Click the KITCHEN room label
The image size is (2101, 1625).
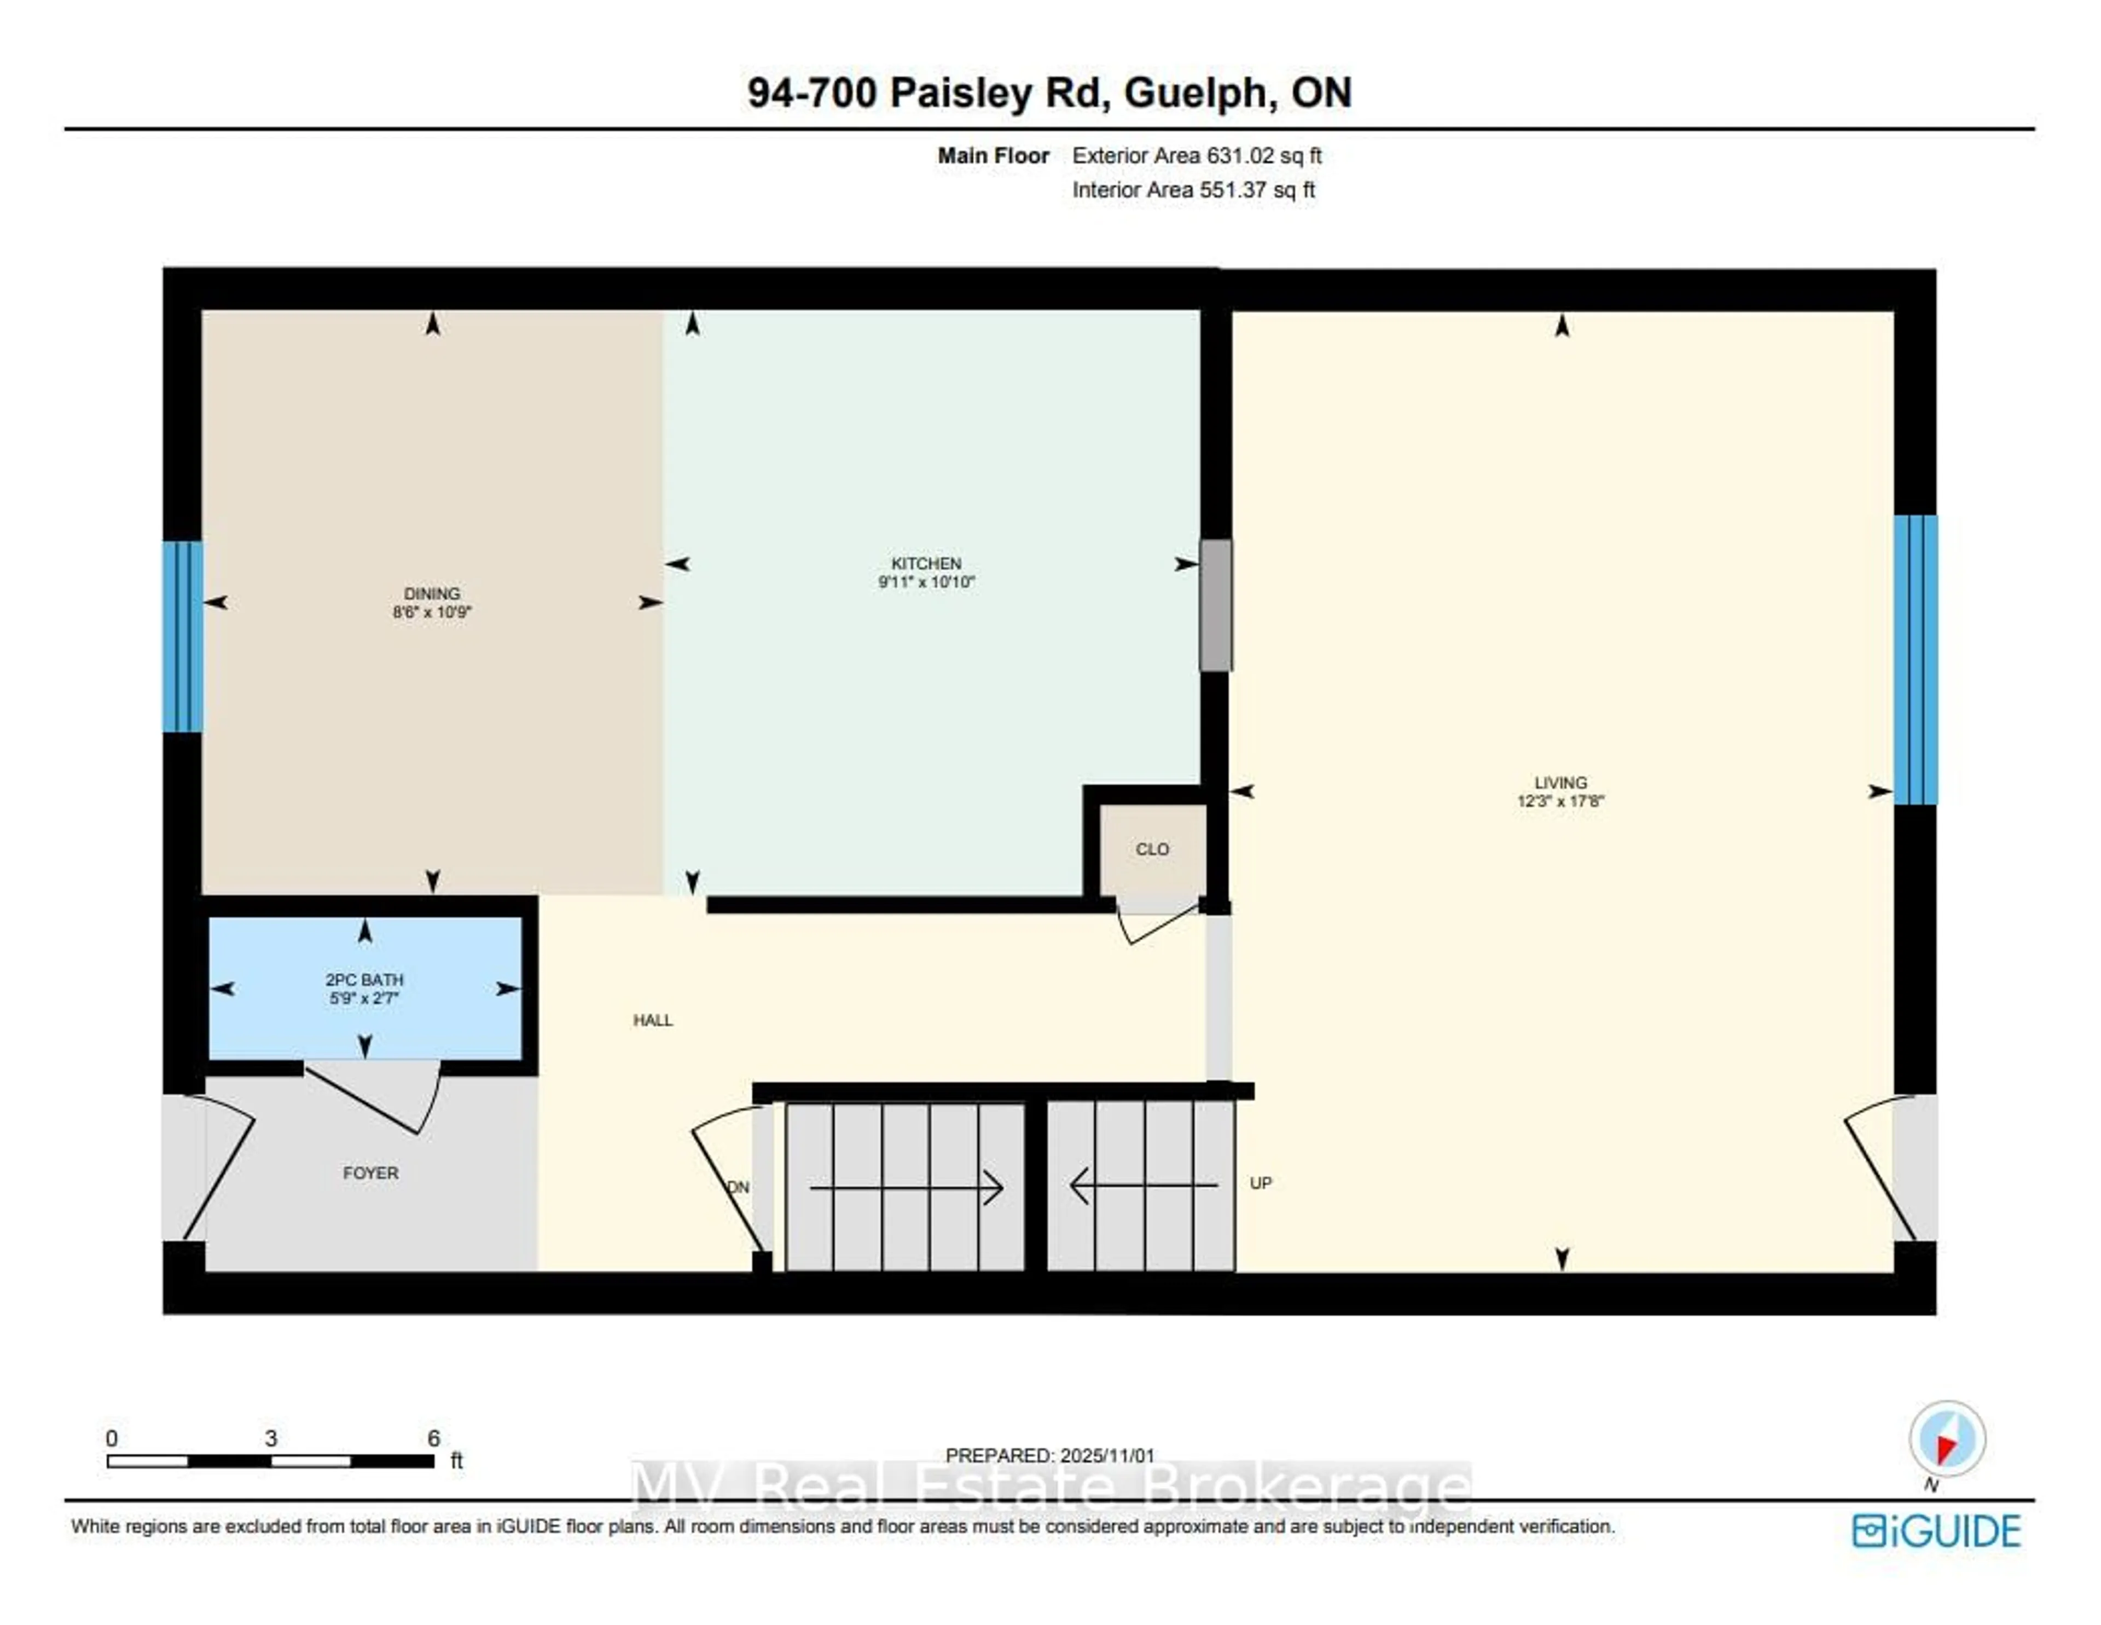click(x=925, y=563)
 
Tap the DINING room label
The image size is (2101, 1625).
click(x=431, y=594)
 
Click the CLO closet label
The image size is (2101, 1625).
click(x=1152, y=848)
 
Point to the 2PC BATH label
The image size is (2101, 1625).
click(x=364, y=979)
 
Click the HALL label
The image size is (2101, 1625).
click(x=652, y=1020)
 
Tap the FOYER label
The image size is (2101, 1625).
click(x=370, y=1173)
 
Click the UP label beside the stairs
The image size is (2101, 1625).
click(x=1260, y=1182)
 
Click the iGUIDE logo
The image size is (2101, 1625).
click(x=1936, y=1531)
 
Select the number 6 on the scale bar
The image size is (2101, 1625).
click(x=434, y=1437)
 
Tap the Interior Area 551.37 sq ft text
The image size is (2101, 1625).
click(x=1193, y=189)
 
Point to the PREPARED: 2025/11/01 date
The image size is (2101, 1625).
click(x=1049, y=1456)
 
